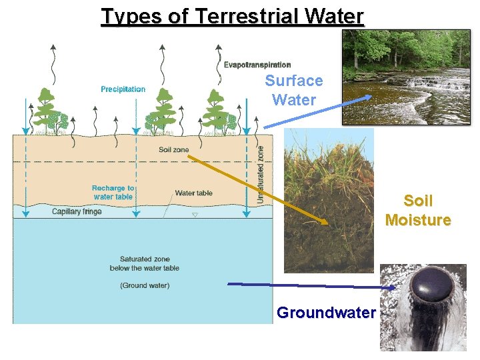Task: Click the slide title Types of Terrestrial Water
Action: tap(233, 15)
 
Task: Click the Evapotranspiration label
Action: tap(257, 65)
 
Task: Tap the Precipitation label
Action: tap(123, 89)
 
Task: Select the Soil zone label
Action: tap(173, 150)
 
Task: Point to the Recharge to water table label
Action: tap(113, 193)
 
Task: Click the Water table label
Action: tap(193, 193)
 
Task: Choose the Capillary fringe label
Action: tap(77, 212)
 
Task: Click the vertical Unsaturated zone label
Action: tap(261, 175)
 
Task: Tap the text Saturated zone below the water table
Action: tap(145, 263)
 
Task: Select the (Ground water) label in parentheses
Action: tap(145, 285)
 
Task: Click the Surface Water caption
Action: tap(293, 91)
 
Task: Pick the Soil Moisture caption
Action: tap(418, 210)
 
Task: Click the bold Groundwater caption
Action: tap(326, 313)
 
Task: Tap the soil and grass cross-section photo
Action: tap(329, 200)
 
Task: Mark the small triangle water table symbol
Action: tap(195, 215)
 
